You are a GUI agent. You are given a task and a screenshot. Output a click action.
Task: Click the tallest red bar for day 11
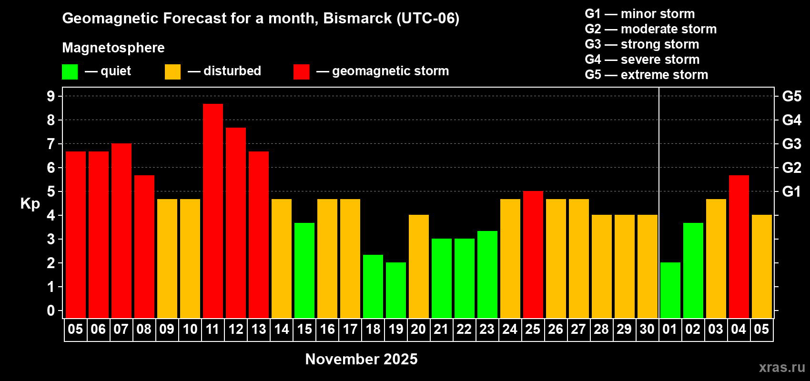(x=213, y=211)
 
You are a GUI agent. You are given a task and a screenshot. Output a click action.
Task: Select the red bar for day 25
(x=533, y=254)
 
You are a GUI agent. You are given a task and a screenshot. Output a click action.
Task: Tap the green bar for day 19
(x=396, y=290)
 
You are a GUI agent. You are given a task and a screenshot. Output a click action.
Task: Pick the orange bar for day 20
(x=419, y=266)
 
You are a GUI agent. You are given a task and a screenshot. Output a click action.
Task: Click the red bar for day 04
(x=739, y=247)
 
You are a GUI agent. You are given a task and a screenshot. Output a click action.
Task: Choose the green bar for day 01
(x=670, y=290)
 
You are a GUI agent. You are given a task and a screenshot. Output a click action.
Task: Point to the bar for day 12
(x=236, y=223)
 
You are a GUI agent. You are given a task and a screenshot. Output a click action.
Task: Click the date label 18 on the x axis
(x=373, y=329)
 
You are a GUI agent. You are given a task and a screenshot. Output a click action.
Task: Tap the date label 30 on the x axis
(x=647, y=329)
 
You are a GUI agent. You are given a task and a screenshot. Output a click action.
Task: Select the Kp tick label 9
(x=51, y=96)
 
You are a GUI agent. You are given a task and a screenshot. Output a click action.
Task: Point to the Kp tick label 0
(x=51, y=311)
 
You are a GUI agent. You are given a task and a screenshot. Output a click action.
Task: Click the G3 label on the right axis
(x=792, y=144)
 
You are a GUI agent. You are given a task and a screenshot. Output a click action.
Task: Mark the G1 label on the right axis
(x=792, y=191)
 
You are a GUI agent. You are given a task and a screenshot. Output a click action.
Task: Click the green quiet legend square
(x=70, y=71)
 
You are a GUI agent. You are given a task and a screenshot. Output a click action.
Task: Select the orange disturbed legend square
(x=173, y=71)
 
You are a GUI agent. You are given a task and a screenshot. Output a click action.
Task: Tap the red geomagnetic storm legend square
(x=302, y=71)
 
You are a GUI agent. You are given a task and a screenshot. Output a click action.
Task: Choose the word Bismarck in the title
(x=357, y=18)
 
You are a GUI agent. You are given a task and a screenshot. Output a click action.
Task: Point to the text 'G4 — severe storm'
(x=642, y=59)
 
